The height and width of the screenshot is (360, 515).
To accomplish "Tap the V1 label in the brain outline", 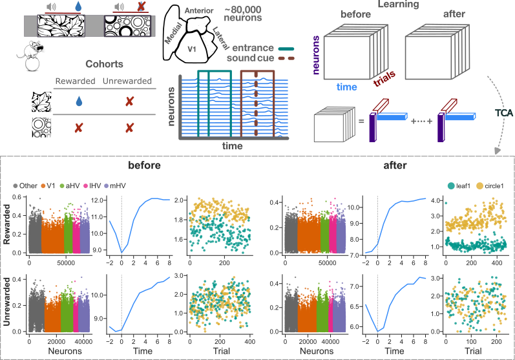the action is point(192,49).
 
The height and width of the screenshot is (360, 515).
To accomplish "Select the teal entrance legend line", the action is point(286,48).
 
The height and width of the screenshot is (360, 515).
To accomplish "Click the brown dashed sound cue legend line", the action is point(286,58).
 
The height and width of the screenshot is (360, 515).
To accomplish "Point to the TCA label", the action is point(504,113).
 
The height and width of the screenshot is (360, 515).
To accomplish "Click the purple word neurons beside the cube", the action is point(315,55).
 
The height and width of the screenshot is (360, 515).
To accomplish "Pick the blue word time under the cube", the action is point(346,87).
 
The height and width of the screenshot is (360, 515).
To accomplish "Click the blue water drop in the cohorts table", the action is point(79,101).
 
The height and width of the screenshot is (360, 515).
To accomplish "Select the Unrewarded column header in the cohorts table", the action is point(127,81).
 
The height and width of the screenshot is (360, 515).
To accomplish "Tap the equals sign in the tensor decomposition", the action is point(361,122).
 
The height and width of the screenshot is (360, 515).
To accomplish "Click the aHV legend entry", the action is point(70,186).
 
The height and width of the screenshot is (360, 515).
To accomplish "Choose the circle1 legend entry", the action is point(490,186).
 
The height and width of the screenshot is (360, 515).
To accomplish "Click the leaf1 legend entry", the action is point(459,186).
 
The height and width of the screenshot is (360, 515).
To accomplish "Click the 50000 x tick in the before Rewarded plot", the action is point(66,263).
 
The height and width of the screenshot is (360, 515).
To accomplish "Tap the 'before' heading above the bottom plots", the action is point(144,165).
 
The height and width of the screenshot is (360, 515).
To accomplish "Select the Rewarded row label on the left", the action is point(6,224).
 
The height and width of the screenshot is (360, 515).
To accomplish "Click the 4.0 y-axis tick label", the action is point(436,201).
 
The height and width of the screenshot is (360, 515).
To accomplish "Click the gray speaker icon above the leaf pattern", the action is point(51,6).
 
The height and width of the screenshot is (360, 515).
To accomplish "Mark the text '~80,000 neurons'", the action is point(243,14).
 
